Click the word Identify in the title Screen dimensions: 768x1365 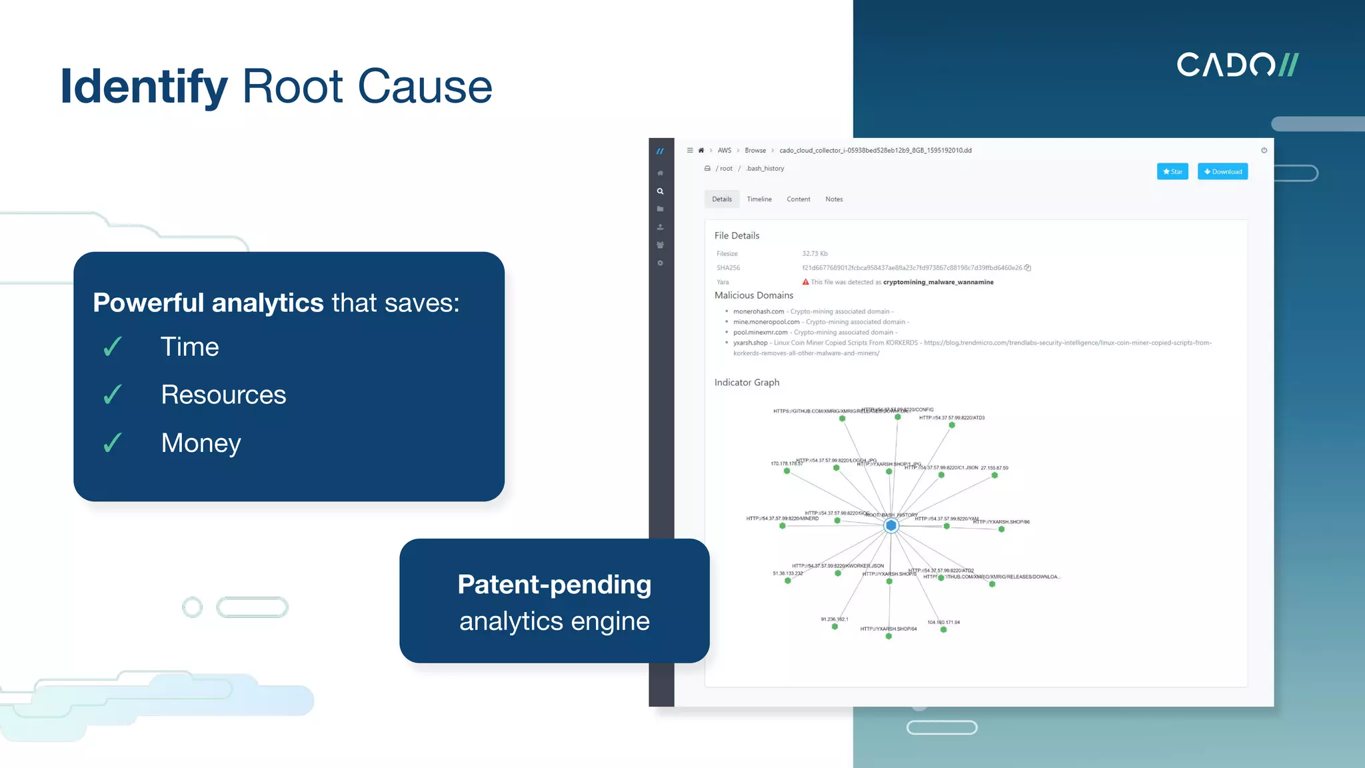[x=143, y=87]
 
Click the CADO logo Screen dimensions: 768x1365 [x=1237, y=65]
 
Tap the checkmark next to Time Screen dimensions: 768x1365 [x=113, y=347]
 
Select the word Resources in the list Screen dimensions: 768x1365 [x=223, y=395]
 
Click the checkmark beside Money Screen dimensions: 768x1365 [x=113, y=443]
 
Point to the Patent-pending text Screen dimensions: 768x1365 [x=554, y=585]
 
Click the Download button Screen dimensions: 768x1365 [x=1222, y=171]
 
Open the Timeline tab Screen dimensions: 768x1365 [x=758, y=199]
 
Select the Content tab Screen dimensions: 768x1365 [x=798, y=199]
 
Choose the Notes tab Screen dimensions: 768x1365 [x=834, y=199]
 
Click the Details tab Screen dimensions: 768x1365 [x=721, y=199]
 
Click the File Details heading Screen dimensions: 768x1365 [x=736, y=235]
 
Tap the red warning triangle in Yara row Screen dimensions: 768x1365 [x=805, y=282]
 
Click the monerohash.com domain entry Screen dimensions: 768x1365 [x=758, y=311]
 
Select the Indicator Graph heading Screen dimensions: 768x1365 [x=746, y=382]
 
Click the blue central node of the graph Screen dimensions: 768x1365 [x=890, y=526]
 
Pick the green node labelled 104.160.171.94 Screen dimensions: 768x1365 [x=943, y=629]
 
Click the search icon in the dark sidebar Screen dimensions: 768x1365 [x=660, y=191]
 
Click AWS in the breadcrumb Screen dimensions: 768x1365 [x=724, y=151]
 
